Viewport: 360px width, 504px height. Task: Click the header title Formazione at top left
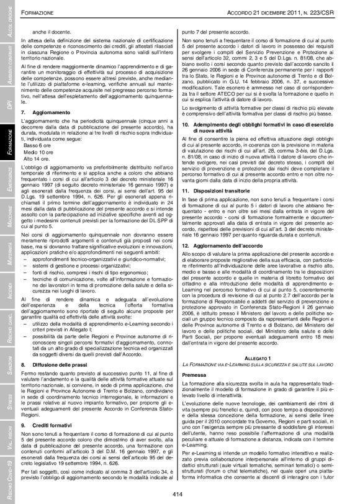[47, 12]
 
